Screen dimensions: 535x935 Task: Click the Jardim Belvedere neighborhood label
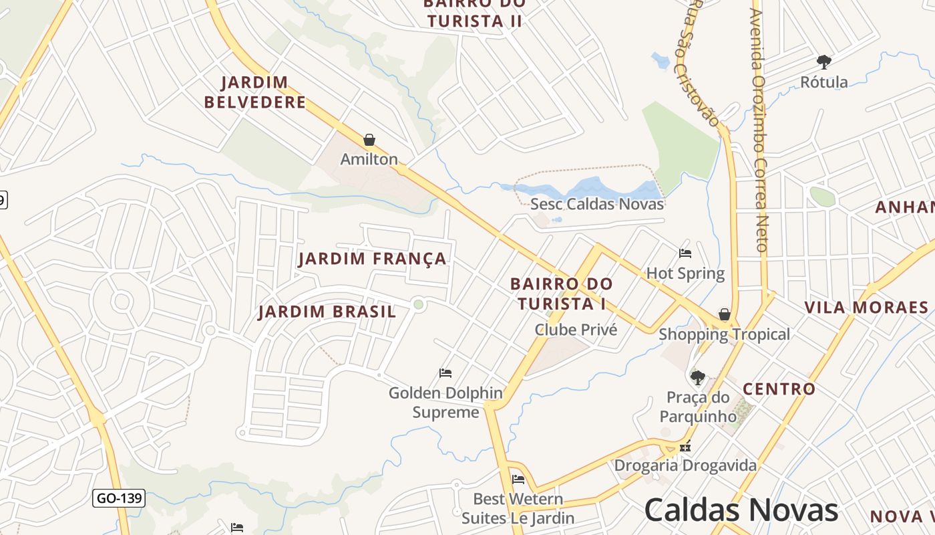(255, 92)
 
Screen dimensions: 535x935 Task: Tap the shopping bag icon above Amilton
(369, 140)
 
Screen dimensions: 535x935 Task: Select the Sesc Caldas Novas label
(596, 204)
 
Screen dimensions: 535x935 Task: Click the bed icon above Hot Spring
(685, 253)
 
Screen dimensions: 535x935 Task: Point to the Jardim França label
(372, 259)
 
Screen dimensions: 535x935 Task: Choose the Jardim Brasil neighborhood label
(327, 312)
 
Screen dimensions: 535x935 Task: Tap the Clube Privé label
(576, 330)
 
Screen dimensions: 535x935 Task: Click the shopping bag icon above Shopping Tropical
(725, 314)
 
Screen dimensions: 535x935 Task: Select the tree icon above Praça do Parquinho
(698, 378)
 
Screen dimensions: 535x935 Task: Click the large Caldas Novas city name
(741, 510)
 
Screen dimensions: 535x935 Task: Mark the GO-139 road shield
(119, 498)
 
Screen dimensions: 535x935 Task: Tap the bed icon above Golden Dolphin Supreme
(445, 372)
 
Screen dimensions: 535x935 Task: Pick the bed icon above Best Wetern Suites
(518, 479)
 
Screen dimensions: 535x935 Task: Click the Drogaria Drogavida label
(685, 465)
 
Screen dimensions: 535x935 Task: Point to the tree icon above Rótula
(824, 62)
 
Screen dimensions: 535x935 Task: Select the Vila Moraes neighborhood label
(866, 308)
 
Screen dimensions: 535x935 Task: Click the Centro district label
(779, 389)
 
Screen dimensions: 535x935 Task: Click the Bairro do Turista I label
(561, 294)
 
